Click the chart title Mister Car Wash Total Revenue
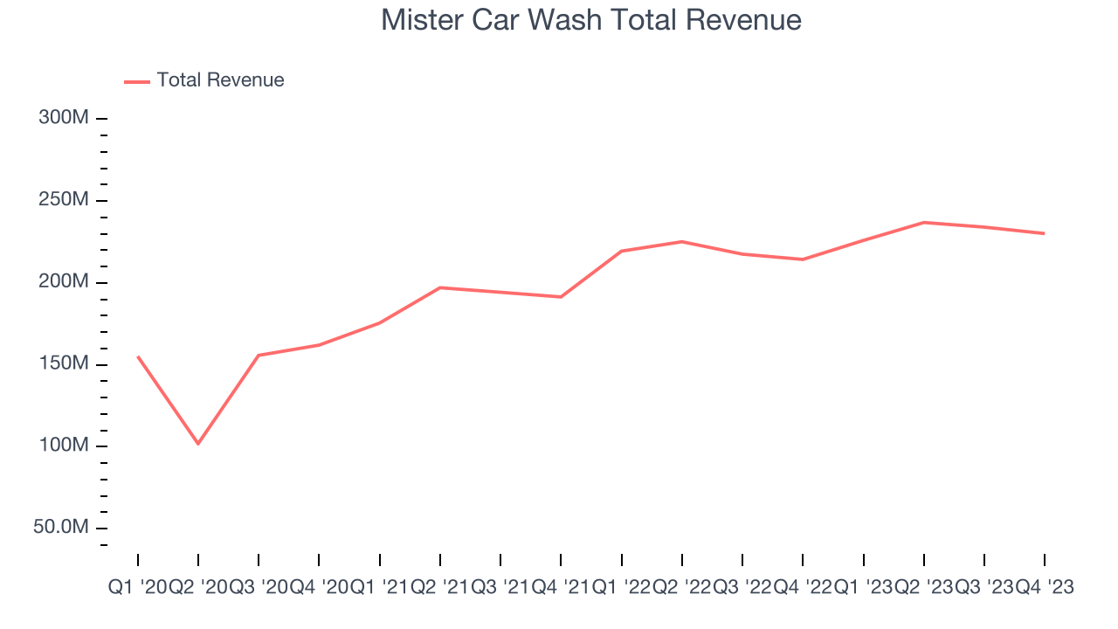590,20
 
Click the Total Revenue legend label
220,80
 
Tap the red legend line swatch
137,81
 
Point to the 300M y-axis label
64,118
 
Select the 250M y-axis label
64,200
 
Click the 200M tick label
64,282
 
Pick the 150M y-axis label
64,364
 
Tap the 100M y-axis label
64,446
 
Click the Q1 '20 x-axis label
138,588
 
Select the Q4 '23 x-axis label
1045,588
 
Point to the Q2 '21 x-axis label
440,588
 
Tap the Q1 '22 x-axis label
621,588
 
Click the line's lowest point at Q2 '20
198,444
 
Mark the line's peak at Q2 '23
923,222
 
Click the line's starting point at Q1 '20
138,356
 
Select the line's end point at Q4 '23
1045,233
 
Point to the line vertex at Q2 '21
440,287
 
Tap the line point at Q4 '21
561,297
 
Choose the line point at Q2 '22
682,241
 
